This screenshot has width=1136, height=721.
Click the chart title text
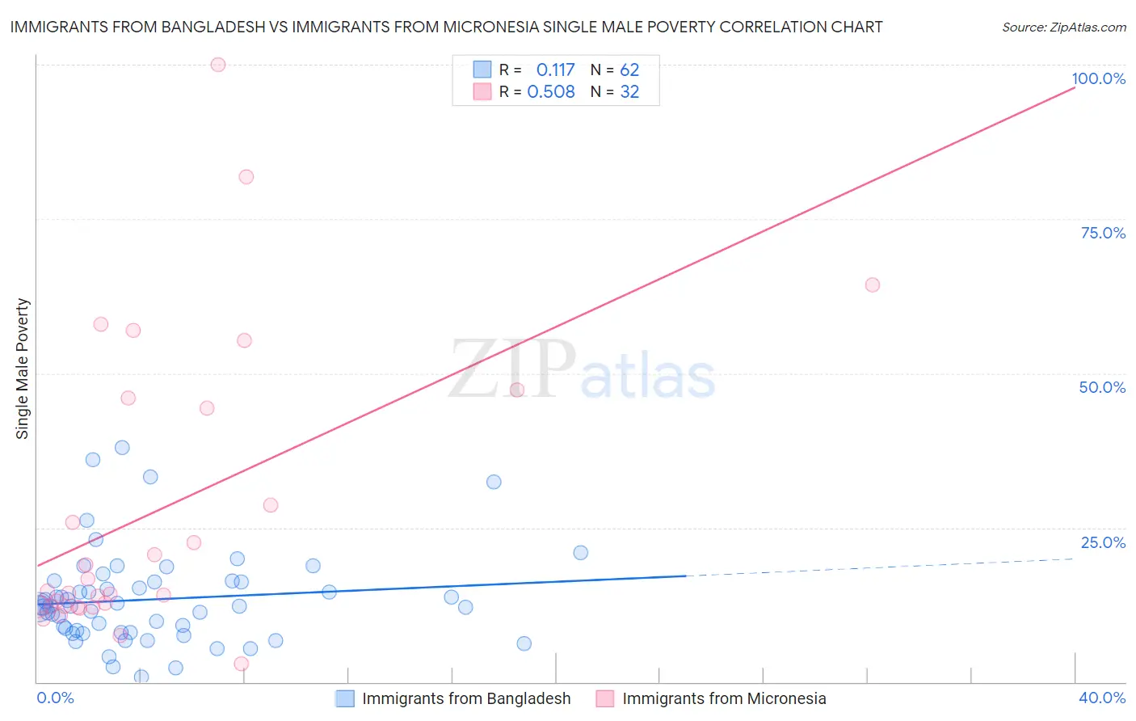click(x=446, y=27)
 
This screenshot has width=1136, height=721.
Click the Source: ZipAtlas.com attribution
click(x=1063, y=27)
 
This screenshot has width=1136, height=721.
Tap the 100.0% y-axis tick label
click(x=1098, y=78)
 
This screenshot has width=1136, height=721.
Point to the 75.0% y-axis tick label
click(x=1103, y=233)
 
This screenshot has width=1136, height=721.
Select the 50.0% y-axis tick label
click(x=1102, y=387)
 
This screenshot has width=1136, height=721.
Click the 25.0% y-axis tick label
click(x=1103, y=542)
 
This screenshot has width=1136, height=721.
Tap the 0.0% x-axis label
click(x=55, y=698)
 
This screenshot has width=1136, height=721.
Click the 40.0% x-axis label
click(x=1101, y=698)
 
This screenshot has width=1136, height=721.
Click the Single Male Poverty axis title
click(x=23, y=369)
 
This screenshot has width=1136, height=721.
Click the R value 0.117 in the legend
click(x=555, y=70)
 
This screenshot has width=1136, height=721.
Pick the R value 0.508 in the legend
click(x=551, y=92)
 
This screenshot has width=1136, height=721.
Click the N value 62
click(x=629, y=70)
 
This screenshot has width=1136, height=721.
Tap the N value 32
click(x=629, y=92)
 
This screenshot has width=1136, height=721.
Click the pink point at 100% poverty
click(x=218, y=65)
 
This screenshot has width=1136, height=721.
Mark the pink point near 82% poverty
click(x=246, y=177)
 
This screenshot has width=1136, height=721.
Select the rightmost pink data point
click(x=873, y=285)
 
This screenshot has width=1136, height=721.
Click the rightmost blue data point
click(x=581, y=553)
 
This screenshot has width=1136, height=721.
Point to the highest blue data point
click(x=122, y=448)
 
